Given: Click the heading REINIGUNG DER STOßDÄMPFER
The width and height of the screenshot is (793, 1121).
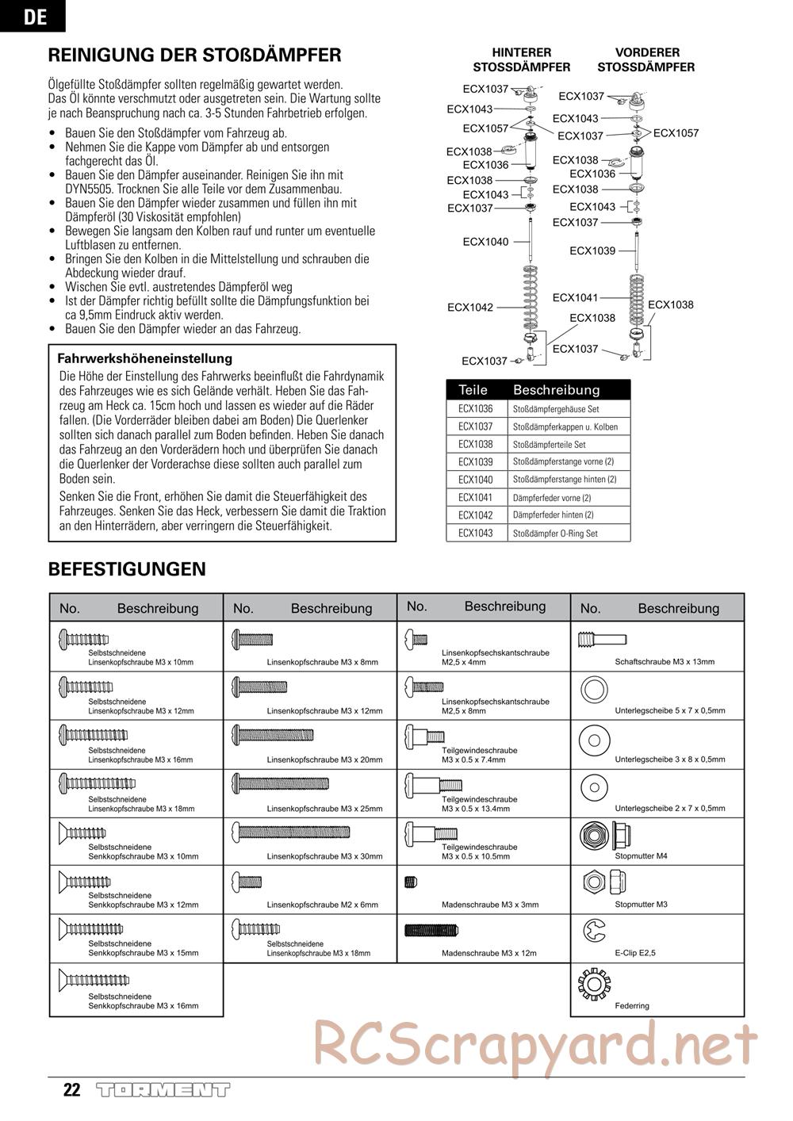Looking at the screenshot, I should [194, 55].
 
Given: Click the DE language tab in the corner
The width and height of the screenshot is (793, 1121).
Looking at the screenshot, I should [34, 16].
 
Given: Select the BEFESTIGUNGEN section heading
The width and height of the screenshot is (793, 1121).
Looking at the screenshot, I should [127, 569].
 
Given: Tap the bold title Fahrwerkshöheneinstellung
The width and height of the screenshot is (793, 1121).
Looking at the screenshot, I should [145, 358].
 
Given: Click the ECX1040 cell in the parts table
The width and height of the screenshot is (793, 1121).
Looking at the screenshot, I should [475, 480].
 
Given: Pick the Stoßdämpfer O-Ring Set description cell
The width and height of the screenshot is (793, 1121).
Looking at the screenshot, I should [555, 534].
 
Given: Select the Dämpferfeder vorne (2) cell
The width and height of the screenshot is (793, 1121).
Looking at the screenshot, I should [552, 498].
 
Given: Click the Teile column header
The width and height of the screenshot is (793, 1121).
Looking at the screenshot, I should [473, 390].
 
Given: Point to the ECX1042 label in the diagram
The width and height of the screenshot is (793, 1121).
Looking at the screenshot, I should [469, 308].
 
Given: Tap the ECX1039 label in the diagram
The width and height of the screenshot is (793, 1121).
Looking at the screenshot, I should [592, 251].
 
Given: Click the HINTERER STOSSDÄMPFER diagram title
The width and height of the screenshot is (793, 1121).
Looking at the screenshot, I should [521, 59].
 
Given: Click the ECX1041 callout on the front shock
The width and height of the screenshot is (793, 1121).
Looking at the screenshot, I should [575, 297].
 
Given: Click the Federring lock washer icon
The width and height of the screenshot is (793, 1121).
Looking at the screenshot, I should [594, 983].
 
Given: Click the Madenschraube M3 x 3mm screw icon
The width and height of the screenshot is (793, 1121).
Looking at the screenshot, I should [411, 880].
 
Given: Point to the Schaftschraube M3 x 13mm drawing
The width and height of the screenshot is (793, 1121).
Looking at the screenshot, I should [602, 638].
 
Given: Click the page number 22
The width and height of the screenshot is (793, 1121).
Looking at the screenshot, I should [71, 1090].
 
